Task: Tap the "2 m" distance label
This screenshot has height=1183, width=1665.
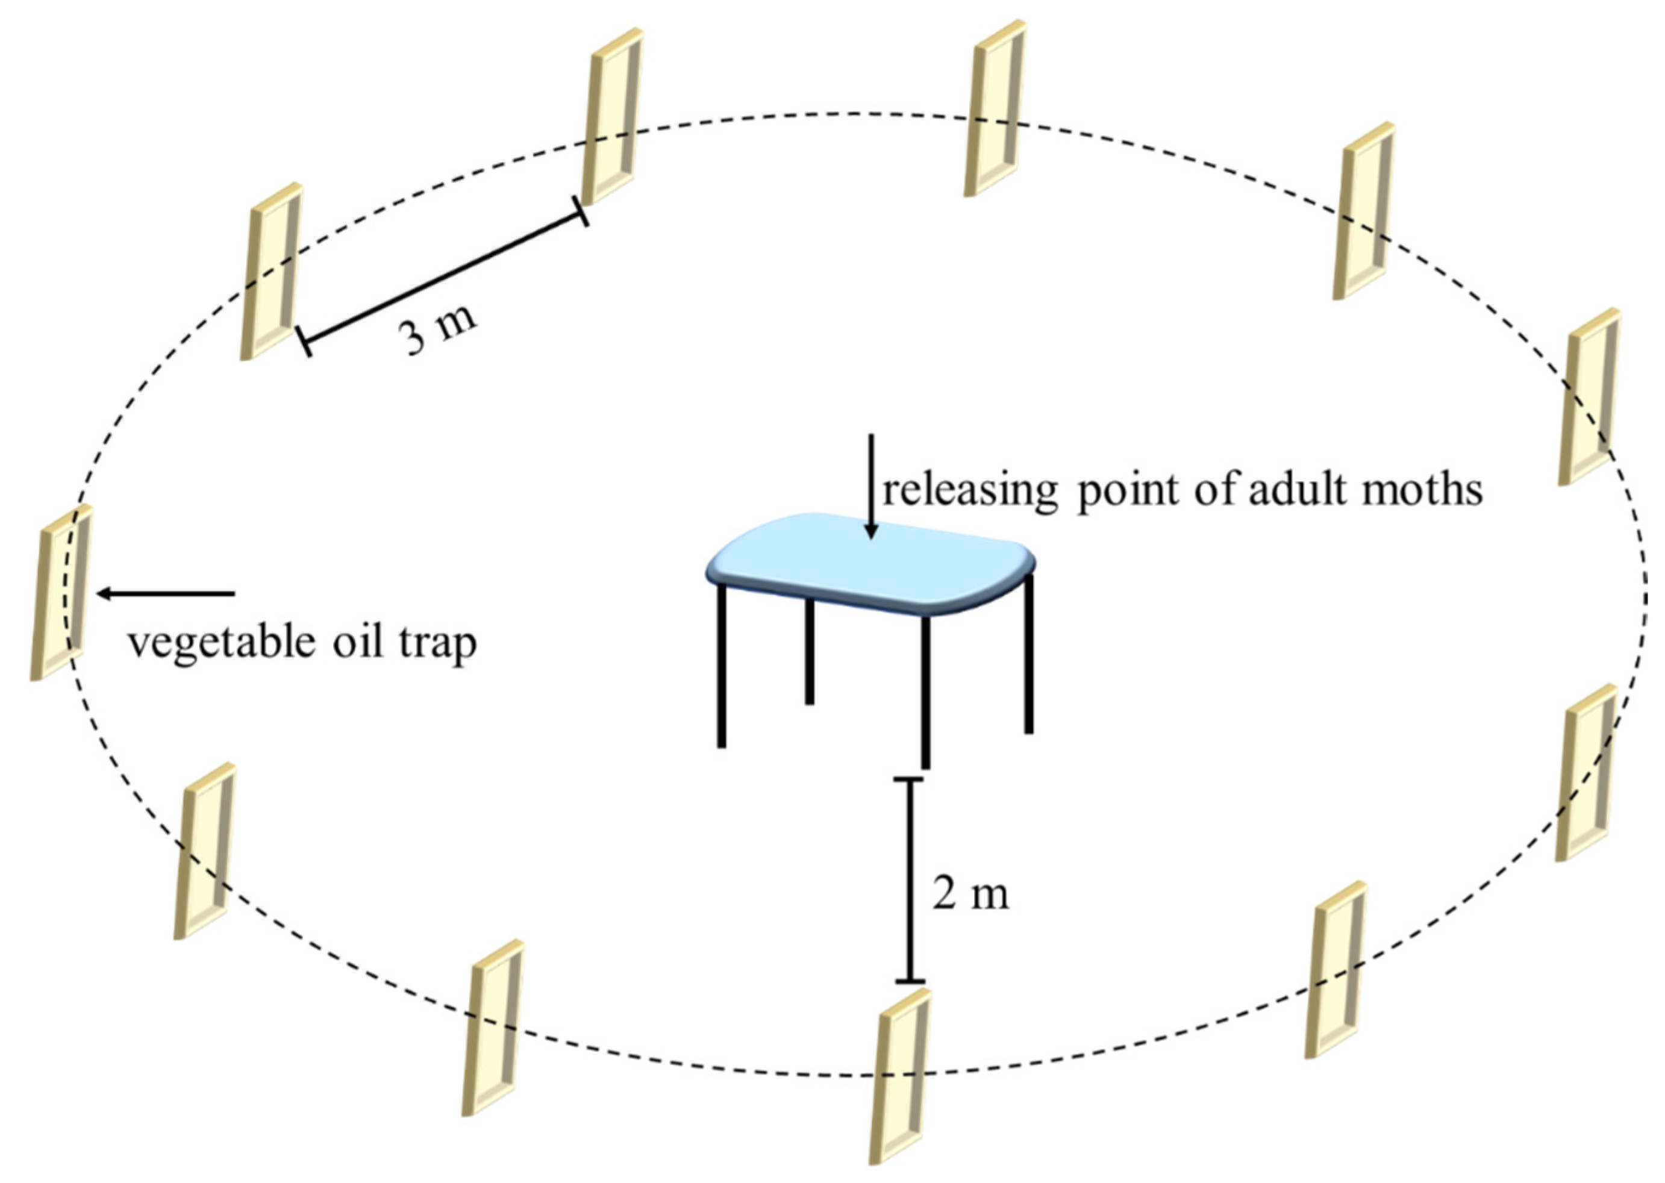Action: [971, 894]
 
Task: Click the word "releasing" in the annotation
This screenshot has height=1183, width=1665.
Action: [969, 492]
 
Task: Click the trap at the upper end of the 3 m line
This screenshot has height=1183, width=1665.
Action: [614, 116]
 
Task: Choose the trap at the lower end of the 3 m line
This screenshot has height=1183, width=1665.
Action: [272, 271]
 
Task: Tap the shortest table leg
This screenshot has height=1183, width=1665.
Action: [809, 652]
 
